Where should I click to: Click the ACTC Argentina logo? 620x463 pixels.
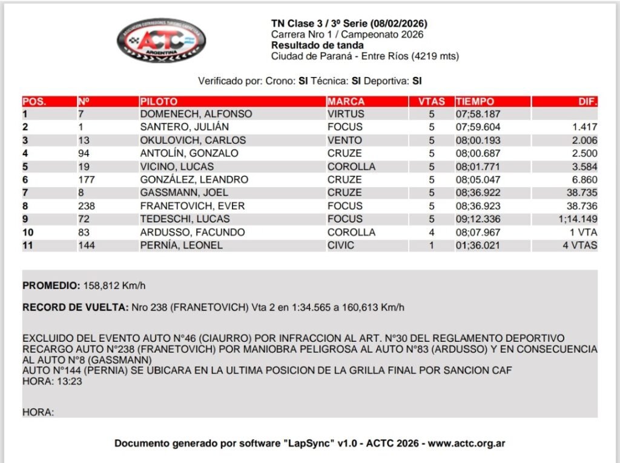click(x=161, y=40)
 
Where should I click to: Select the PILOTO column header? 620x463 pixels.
click(x=159, y=102)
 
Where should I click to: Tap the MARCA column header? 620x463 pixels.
click(x=346, y=102)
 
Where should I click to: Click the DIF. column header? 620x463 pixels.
click(x=587, y=102)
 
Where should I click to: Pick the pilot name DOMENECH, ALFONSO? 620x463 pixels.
click(x=196, y=114)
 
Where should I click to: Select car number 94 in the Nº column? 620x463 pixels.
click(x=84, y=153)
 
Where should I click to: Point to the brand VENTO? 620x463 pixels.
click(x=345, y=141)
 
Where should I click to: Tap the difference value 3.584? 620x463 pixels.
click(x=584, y=167)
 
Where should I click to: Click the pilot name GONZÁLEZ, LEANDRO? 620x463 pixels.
click(x=194, y=180)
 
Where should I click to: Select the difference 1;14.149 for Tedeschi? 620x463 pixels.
click(x=578, y=219)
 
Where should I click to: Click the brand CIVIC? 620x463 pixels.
click(x=341, y=245)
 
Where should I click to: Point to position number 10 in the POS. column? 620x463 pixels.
click(x=28, y=233)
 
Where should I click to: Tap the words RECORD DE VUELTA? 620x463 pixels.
click(x=75, y=307)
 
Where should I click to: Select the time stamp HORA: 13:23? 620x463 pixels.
click(x=52, y=381)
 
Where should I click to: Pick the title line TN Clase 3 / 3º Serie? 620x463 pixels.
click(x=349, y=24)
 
